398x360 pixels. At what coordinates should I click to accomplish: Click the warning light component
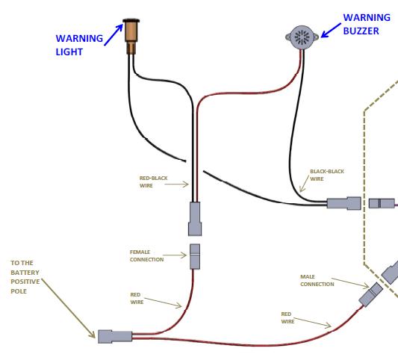tap(131, 36)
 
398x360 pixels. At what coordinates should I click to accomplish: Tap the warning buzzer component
tap(302, 37)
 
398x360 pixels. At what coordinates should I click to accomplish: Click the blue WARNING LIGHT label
tap(79, 45)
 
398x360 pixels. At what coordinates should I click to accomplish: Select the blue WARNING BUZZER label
tap(367, 24)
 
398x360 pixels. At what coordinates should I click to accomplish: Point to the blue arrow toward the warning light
tap(114, 35)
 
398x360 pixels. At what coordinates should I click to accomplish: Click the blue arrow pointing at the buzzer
tap(331, 31)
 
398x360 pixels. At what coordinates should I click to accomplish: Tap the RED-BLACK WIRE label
tap(153, 181)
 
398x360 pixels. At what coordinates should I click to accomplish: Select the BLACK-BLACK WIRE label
tap(327, 176)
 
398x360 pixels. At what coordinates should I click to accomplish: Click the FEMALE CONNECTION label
tap(146, 255)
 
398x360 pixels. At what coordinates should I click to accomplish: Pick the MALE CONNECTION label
tap(317, 280)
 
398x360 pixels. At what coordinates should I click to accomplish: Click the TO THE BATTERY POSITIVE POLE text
tap(25, 277)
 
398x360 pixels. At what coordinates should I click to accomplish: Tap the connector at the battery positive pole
tap(115, 337)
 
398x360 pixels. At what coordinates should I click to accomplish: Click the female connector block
tap(195, 257)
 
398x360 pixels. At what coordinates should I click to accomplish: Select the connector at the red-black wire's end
tap(195, 219)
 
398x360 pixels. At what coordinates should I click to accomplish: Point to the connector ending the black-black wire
tap(344, 203)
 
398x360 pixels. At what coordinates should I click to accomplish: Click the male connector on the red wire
tap(371, 294)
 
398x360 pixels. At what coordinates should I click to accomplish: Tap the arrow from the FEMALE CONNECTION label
tap(175, 255)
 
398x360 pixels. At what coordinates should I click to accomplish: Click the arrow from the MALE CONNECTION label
tap(350, 283)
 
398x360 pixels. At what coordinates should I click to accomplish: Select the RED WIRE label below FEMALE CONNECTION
tap(137, 298)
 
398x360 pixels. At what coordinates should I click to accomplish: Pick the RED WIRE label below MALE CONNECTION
tap(287, 317)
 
